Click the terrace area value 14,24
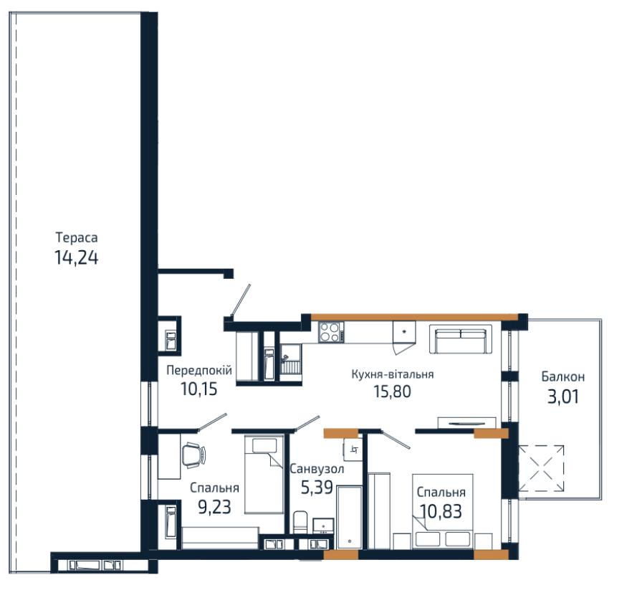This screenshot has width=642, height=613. pos(76,257)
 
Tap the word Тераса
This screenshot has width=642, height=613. pos(77,237)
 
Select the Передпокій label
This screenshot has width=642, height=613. pos(199,371)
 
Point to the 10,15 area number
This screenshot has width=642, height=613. pos(199,389)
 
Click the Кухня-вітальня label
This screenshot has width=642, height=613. pos(392,374)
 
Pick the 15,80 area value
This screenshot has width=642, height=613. pos(392,391)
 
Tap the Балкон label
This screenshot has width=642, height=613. pos(563,376)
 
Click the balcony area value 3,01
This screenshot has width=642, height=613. pos(563,396)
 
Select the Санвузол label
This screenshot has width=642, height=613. pos(317,469)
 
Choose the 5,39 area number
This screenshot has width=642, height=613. pos(317,488)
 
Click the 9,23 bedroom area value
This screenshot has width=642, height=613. pos(214,507)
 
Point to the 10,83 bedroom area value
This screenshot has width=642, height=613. pos(441,511)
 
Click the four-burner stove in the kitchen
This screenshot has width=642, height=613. pos(331,332)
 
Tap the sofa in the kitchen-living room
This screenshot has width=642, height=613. pos(461,339)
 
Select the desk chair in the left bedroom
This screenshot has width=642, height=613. pos(193,455)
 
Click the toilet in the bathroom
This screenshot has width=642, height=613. pos(300,522)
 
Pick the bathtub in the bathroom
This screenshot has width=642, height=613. pos(349,518)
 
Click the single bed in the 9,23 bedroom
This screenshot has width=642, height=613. pos(264,475)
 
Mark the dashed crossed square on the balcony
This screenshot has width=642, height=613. pos(541,468)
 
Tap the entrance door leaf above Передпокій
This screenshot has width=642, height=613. pos(240,300)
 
